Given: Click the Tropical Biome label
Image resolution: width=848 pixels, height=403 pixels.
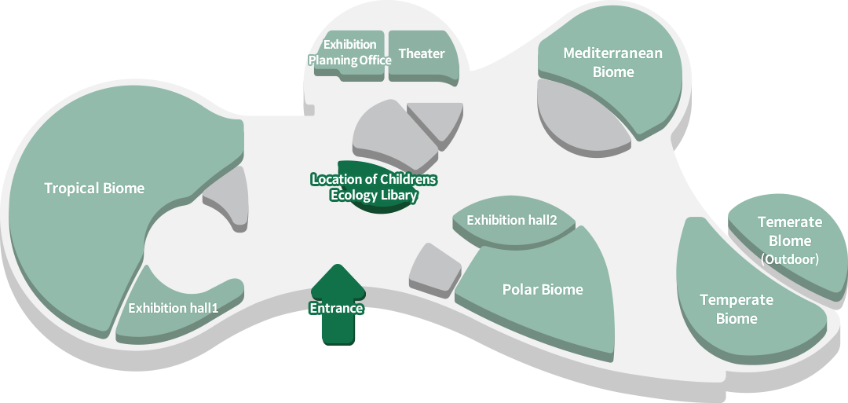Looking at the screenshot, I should point(94,189).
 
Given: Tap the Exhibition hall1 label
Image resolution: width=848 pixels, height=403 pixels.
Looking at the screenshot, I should point(173,308).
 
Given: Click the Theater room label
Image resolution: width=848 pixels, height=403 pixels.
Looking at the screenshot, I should point(422,54).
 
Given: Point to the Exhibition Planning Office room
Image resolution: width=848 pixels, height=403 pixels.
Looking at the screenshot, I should point(349,53).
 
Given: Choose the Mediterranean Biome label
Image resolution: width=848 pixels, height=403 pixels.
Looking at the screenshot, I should point(612,63).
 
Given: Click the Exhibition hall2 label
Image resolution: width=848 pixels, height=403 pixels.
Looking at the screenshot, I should point(511,220).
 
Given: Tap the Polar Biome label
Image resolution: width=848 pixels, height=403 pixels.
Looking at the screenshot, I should point(543,289).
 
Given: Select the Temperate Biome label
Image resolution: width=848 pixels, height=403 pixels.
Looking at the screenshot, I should point(737,310).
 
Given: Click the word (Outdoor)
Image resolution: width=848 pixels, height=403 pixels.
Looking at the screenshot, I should point(790,259).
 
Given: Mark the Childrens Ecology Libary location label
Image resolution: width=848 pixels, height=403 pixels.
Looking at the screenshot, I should point(374,188).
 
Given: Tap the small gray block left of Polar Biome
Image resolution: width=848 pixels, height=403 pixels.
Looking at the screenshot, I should point(433,271).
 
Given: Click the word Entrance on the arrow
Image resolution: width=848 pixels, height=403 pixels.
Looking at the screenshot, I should point(336,308).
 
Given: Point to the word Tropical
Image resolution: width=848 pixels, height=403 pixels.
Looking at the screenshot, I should point(71,189).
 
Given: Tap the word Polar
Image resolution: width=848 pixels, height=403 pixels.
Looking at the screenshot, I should point(521,289).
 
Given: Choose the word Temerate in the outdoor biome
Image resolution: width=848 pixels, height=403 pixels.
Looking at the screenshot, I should point(790,223).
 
